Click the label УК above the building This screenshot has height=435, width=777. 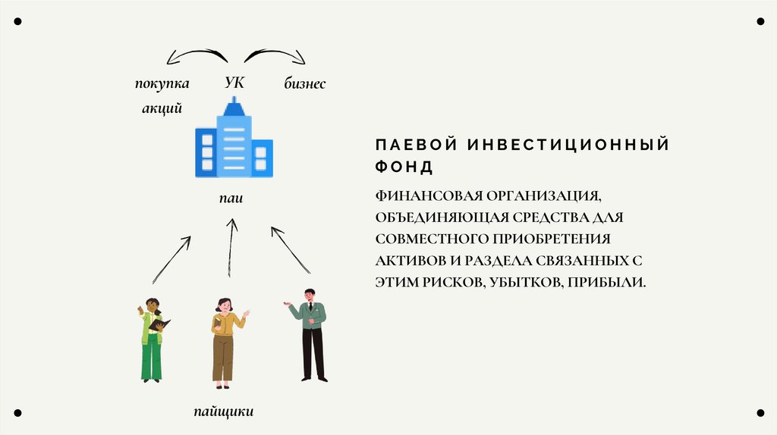234,83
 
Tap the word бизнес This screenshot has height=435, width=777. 305,84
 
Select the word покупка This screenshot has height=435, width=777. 162,83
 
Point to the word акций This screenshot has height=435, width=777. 162,108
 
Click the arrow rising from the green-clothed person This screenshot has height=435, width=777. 171,259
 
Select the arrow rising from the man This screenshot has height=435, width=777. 291,249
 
